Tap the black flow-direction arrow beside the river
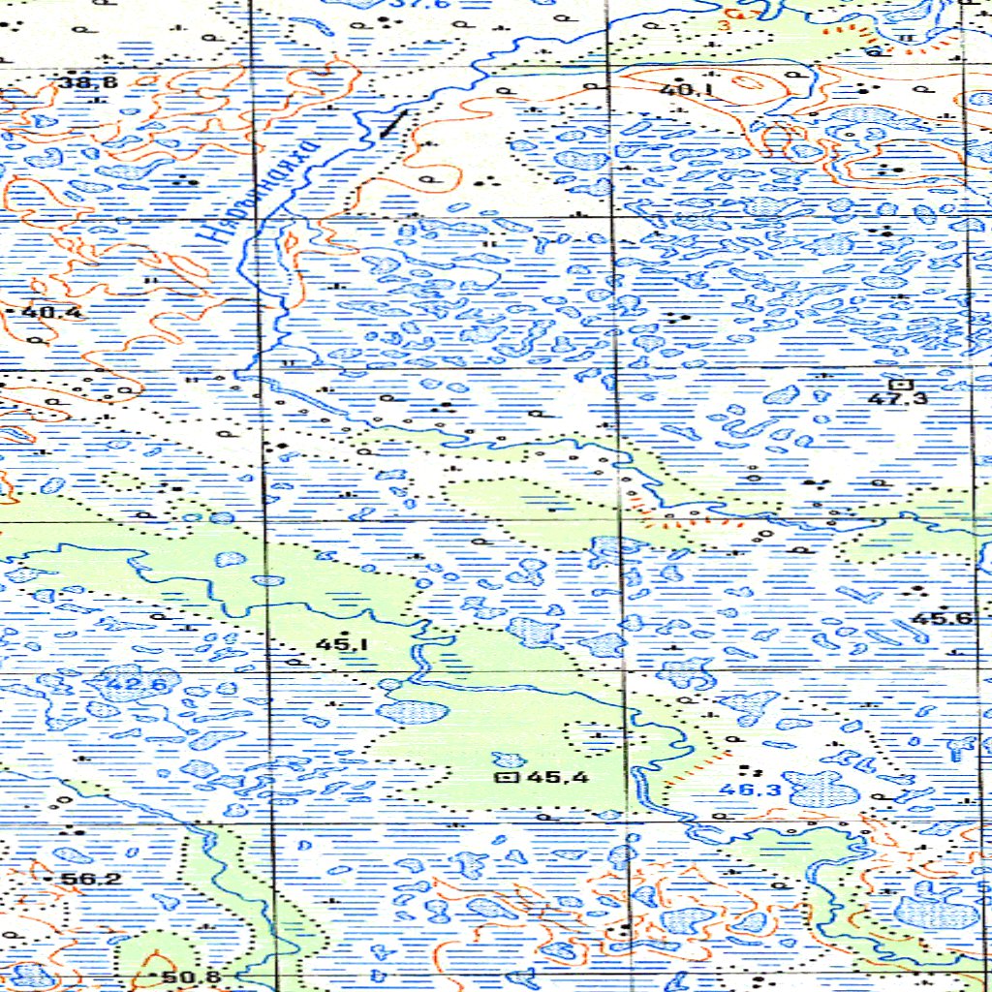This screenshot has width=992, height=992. click(x=393, y=124)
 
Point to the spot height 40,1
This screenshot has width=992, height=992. click(x=682, y=91)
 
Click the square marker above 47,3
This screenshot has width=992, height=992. click(x=903, y=385)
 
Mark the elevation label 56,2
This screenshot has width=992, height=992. click(x=90, y=879)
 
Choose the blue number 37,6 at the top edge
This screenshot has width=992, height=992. click(x=405, y=5)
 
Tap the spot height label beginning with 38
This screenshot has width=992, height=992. click(x=87, y=82)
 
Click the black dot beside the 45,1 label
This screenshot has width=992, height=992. click(x=346, y=632)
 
